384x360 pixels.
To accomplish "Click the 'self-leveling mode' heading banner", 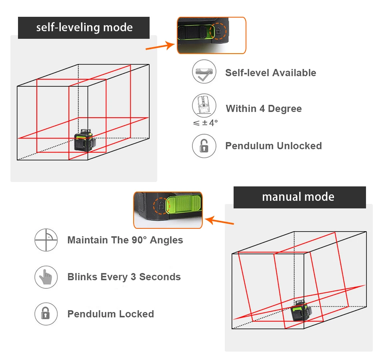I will [84, 28].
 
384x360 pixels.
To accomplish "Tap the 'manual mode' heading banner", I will [299, 197].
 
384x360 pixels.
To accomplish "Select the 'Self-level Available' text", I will [270, 73].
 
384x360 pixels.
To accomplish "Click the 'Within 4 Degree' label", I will [264, 109].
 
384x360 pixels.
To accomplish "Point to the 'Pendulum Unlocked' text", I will [274, 146].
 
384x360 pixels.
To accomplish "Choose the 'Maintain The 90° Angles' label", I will [125, 240].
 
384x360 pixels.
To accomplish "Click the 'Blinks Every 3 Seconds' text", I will [124, 277].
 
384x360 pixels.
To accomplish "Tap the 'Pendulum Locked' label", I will [110, 314].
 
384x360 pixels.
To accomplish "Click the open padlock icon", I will [204, 146].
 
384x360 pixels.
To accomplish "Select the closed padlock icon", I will [46, 314].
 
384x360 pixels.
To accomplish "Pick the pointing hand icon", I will [46, 277].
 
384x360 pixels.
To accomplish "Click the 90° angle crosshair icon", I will [46, 240].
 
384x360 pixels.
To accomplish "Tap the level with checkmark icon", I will [204, 72].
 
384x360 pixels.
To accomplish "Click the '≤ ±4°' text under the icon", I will [205, 123].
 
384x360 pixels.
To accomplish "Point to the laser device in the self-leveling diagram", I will [84, 140].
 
